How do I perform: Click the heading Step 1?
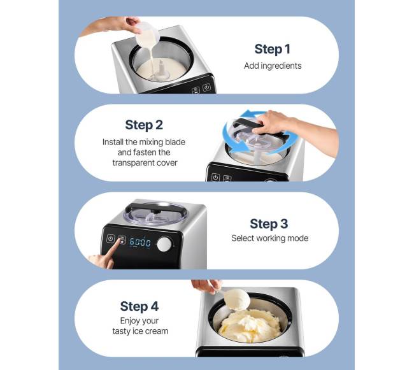click(272, 49)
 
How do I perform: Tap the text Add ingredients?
click(273, 66)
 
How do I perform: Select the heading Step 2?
click(144, 125)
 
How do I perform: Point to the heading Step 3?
click(269, 224)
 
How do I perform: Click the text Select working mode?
click(269, 238)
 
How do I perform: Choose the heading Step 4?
click(139, 306)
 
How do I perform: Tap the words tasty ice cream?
click(140, 331)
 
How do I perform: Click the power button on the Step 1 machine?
click(207, 87)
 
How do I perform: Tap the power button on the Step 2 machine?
click(215, 177)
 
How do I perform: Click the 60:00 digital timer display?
click(140, 242)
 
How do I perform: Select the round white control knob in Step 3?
click(164, 244)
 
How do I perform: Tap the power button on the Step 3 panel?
click(110, 239)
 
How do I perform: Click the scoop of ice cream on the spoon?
click(238, 299)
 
